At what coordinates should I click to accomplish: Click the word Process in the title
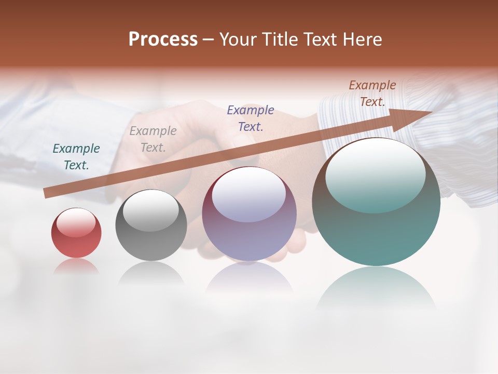click(163, 39)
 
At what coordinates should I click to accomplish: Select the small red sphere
click(76, 233)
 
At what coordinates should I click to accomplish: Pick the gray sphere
click(151, 226)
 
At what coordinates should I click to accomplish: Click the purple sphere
click(250, 214)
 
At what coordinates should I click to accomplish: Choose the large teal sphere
click(376, 203)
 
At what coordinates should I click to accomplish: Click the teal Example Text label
click(76, 157)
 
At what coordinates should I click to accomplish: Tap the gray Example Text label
click(153, 139)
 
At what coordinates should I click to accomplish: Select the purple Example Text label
click(251, 118)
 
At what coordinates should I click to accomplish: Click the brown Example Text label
click(372, 94)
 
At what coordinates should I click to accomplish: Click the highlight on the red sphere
click(76, 222)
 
